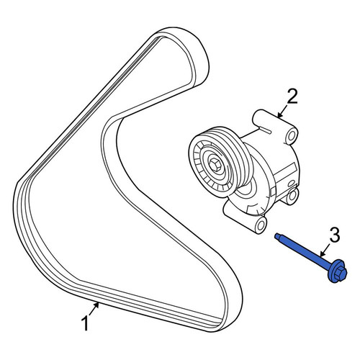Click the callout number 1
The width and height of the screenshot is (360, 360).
(x=86, y=323)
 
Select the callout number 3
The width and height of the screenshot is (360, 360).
(x=335, y=235)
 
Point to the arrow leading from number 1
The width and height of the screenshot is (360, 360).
(x=94, y=309)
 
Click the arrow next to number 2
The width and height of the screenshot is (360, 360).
(x=282, y=112)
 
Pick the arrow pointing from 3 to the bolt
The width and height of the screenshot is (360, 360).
(x=325, y=250)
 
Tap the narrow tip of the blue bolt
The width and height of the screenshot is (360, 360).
(x=278, y=237)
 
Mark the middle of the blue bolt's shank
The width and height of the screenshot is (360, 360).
(x=305, y=252)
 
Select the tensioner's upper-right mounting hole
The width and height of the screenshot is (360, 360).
(x=292, y=136)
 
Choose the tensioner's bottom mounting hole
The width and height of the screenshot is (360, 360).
(x=261, y=225)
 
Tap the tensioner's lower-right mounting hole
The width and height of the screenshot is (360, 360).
(x=292, y=196)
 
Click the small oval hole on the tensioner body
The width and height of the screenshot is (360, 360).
(x=291, y=184)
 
